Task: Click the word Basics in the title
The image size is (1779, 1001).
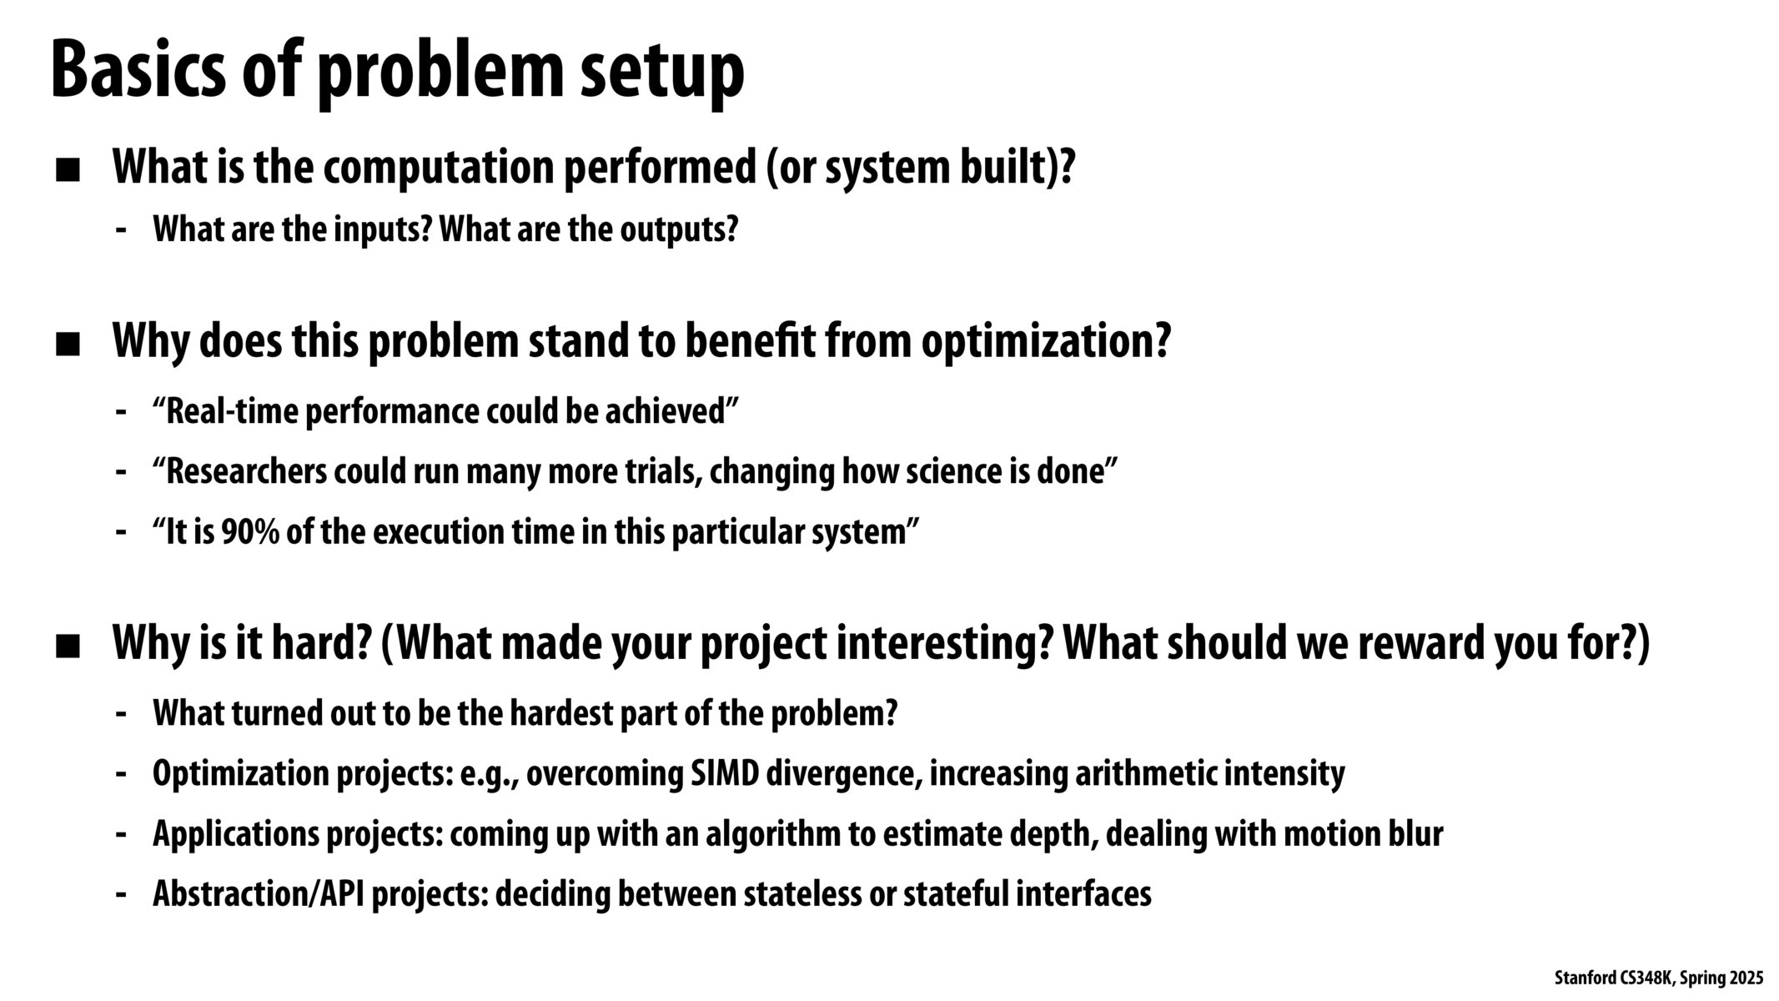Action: point(138,71)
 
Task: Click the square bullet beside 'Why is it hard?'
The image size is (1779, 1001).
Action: point(68,647)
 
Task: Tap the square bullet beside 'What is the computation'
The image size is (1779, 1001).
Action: point(68,171)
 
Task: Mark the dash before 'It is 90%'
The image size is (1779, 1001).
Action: point(122,532)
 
